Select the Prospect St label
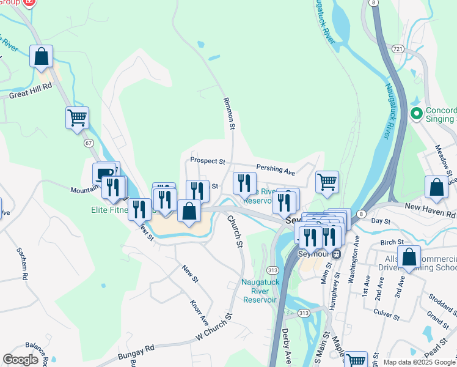[208, 161]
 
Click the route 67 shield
[89, 143]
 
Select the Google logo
[21, 360]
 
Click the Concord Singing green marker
[417, 113]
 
